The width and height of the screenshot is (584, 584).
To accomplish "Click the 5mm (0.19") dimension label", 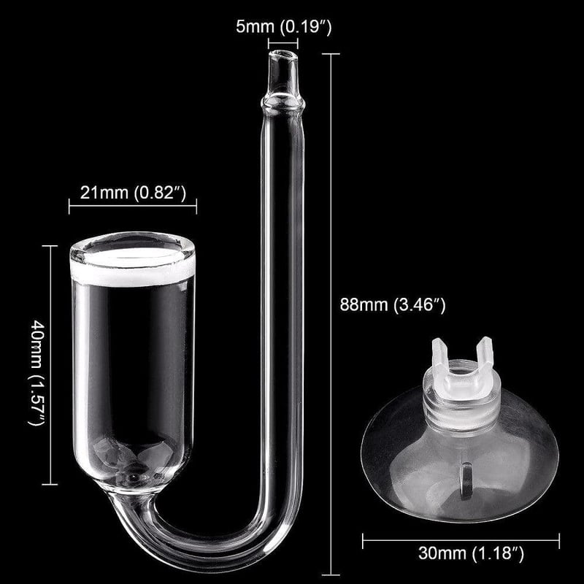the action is point(283,27).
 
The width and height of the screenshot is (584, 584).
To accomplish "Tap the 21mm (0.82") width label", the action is point(133,193).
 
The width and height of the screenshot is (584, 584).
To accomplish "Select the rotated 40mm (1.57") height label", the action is point(37,372).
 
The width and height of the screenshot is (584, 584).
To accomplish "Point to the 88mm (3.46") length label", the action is point(393,304).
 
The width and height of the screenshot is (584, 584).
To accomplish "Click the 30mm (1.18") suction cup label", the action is point(471,553).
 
